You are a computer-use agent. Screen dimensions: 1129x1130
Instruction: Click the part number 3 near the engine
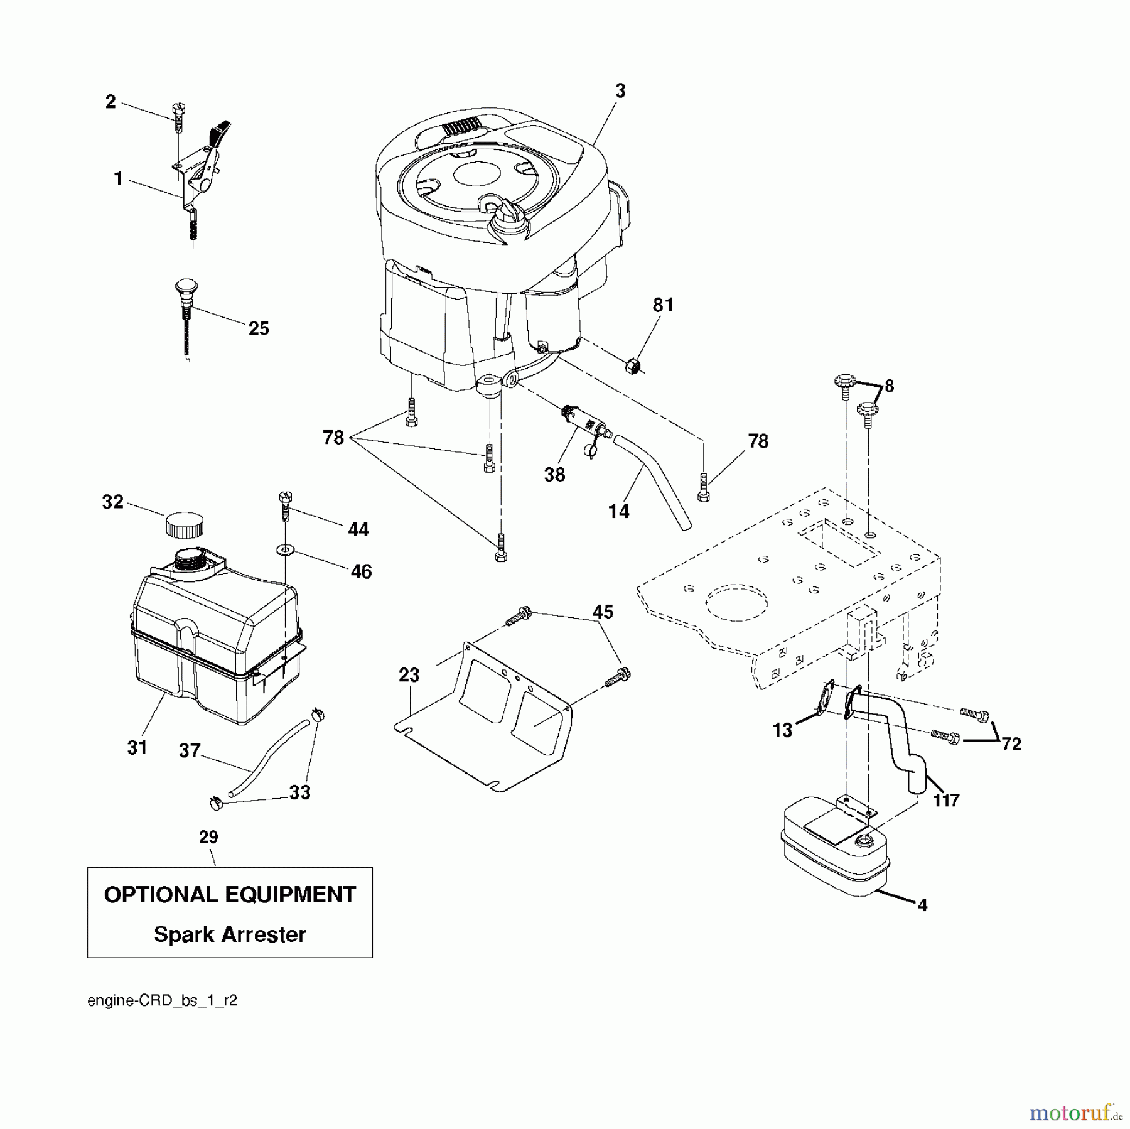(620, 92)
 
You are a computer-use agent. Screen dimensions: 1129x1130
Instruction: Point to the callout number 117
(946, 800)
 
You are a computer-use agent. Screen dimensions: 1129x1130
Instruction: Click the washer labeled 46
(286, 551)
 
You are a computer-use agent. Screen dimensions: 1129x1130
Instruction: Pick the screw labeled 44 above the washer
(285, 506)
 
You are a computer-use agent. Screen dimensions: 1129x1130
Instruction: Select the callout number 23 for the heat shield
(409, 676)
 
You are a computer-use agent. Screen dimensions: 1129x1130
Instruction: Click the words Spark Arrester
(230, 934)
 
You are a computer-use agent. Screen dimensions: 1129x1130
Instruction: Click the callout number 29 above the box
(208, 837)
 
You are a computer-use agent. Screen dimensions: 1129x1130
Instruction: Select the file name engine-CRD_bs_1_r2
(162, 1001)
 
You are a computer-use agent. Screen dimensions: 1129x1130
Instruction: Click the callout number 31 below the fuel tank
(137, 747)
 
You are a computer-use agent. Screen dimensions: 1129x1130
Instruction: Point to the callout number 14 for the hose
(619, 512)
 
